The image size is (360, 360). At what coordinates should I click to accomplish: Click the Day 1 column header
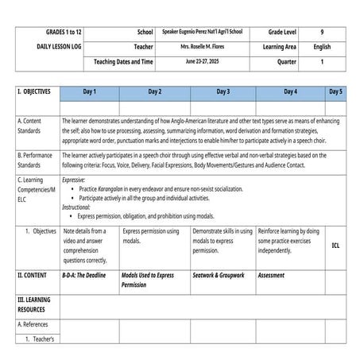[89, 92]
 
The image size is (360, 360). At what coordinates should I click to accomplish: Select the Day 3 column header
[223, 92]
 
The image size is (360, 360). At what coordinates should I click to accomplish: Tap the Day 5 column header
[335, 92]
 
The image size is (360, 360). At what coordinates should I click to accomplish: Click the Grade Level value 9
[322, 33]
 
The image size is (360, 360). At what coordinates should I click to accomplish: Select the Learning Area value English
[322, 47]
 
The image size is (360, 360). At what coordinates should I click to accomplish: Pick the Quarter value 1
[322, 61]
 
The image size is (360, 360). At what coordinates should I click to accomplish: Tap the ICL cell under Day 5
[335, 246]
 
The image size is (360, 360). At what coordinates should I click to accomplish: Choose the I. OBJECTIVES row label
[34, 92]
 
